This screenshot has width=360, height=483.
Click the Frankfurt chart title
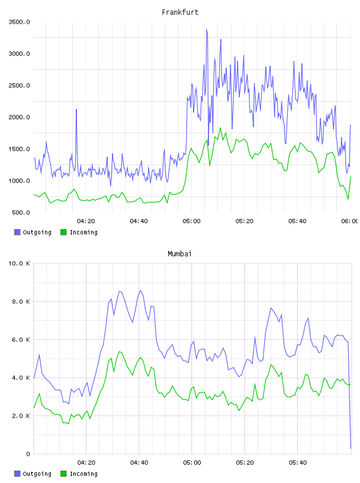click(x=180, y=12)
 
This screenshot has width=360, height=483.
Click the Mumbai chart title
click(x=179, y=254)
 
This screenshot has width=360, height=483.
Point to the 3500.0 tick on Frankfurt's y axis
click(x=19, y=22)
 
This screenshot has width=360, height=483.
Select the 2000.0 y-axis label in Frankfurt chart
click(x=19, y=117)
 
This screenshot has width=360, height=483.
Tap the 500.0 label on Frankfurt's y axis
click(x=21, y=212)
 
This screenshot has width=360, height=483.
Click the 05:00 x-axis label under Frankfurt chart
click(x=191, y=221)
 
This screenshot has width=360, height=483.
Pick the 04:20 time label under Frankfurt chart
click(x=86, y=221)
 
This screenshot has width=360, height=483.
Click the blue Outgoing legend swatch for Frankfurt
click(x=17, y=232)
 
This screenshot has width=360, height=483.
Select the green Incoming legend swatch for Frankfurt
click(x=63, y=232)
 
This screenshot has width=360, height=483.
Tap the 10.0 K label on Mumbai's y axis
click(x=19, y=263)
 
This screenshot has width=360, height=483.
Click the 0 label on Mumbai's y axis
click(x=28, y=454)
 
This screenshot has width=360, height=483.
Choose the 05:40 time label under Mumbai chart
click(x=297, y=463)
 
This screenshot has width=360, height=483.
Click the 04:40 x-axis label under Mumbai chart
click(x=139, y=463)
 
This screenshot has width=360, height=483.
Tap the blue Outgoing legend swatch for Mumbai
click(x=17, y=474)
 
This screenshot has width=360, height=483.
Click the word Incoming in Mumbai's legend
click(x=83, y=474)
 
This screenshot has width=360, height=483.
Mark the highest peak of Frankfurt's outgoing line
click(x=207, y=30)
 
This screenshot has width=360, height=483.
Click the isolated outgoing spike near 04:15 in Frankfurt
click(x=76, y=110)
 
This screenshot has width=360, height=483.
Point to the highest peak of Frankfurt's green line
click(x=220, y=128)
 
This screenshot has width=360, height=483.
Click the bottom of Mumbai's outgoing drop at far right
click(x=351, y=448)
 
